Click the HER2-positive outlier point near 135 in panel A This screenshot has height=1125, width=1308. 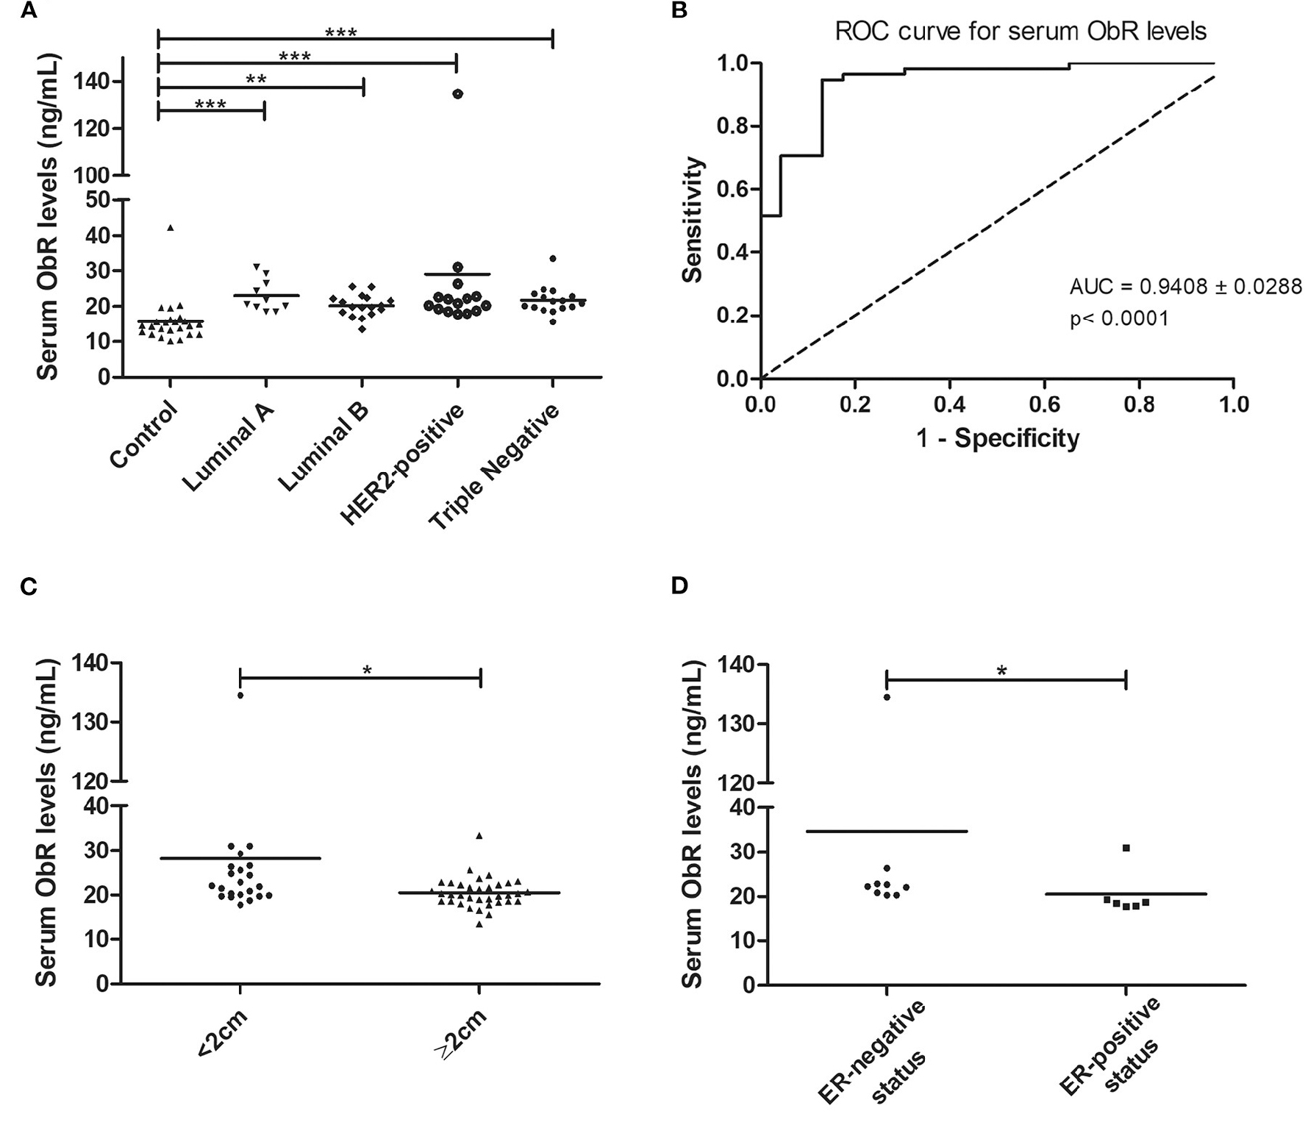pyautogui.click(x=458, y=94)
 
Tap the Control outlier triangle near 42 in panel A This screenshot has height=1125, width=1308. pyautogui.click(x=171, y=228)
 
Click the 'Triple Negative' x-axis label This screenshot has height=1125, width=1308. pyautogui.click(x=494, y=467)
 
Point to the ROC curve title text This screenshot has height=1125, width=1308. pyautogui.click(x=1021, y=32)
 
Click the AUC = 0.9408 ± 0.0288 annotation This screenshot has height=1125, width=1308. pyautogui.click(x=1185, y=287)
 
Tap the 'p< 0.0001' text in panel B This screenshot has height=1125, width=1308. pyautogui.click(x=1118, y=319)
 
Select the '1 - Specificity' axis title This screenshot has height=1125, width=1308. pyautogui.click(x=997, y=439)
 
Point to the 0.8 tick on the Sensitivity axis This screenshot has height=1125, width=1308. pyautogui.click(x=732, y=126)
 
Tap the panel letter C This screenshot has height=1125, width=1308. pyautogui.click(x=29, y=587)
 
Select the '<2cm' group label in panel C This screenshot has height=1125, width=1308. pyautogui.click(x=222, y=1034)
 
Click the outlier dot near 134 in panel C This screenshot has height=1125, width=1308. pyautogui.click(x=240, y=695)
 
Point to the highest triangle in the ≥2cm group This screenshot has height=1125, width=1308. pyautogui.click(x=479, y=836)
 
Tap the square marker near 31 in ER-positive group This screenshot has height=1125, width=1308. pyautogui.click(x=1126, y=849)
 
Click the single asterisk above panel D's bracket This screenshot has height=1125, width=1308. pyautogui.click(x=1001, y=670)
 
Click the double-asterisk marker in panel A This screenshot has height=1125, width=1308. pyautogui.click(x=256, y=79)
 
